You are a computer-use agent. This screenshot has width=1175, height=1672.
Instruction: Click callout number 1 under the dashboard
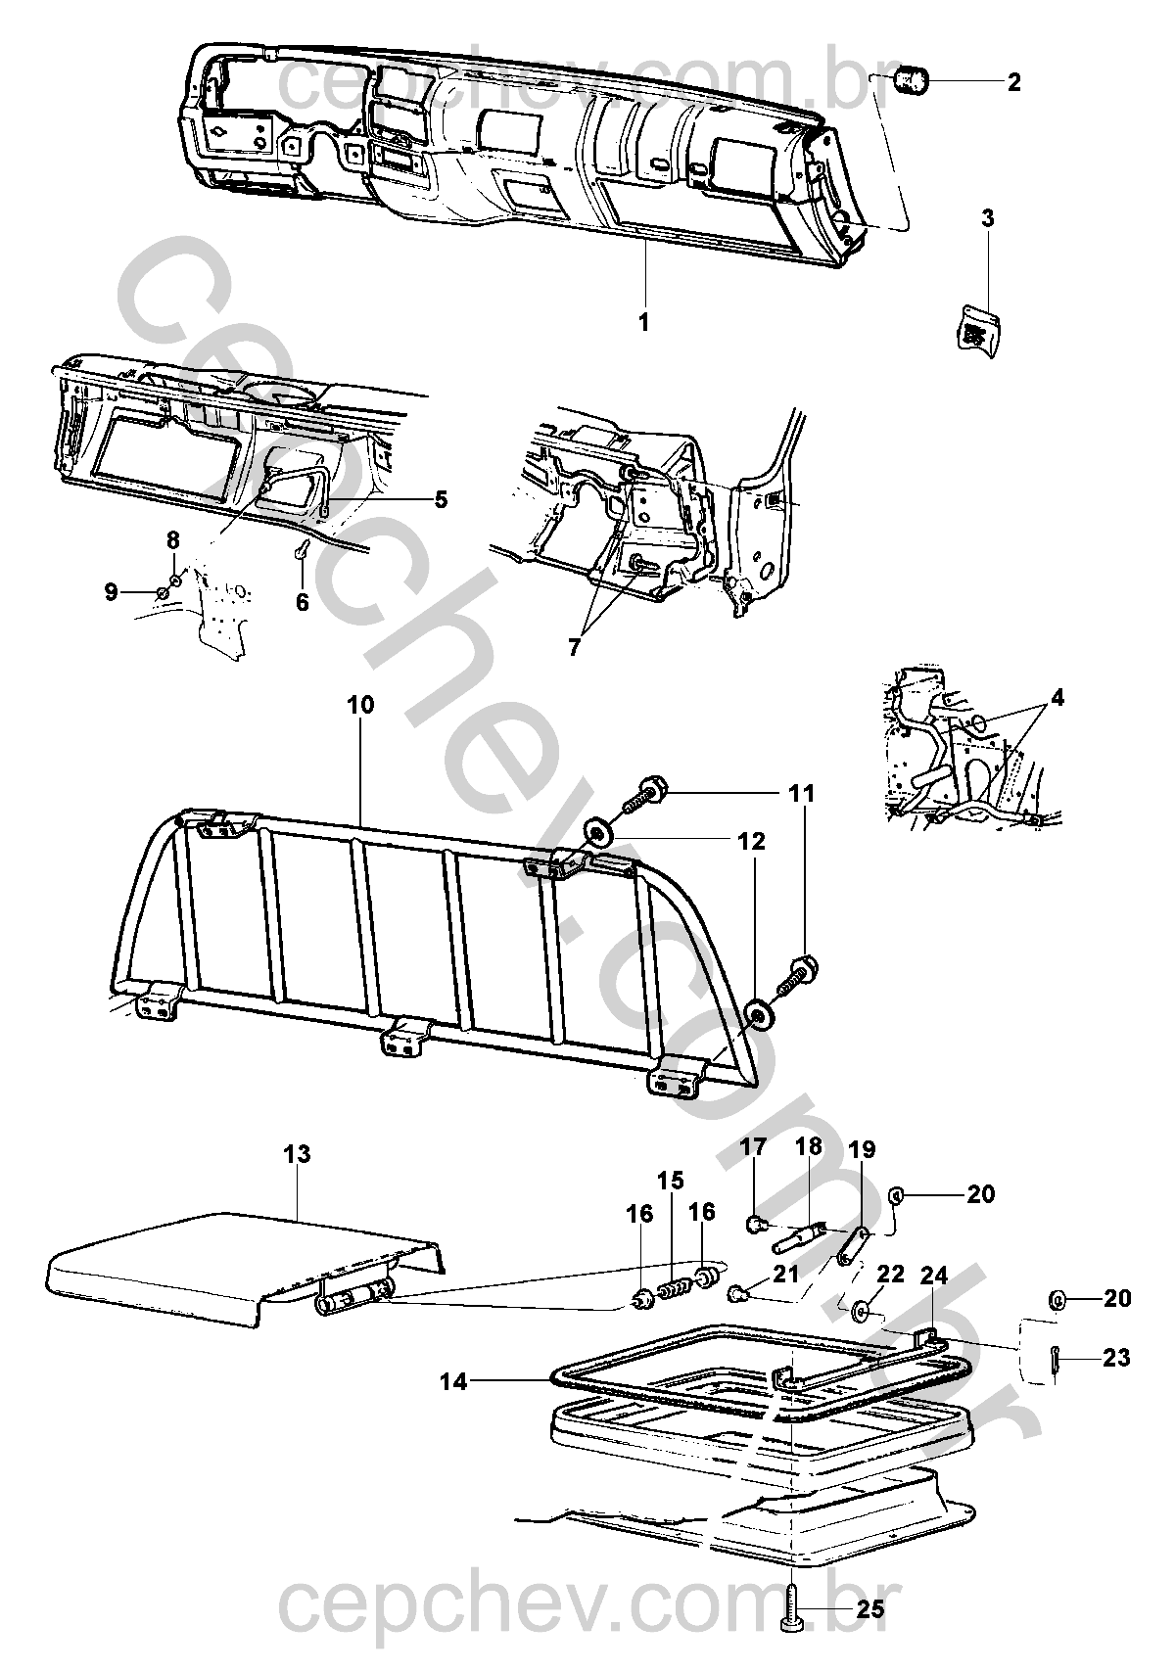tap(643, 322)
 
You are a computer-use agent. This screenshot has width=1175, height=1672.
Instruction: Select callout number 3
tap(987, 218)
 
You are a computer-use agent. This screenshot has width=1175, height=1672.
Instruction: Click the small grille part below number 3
tap(978, 329)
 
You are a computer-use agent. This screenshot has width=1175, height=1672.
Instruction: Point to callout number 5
tap(441, 499)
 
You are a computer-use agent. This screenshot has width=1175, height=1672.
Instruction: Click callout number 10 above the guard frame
tap(360, 705)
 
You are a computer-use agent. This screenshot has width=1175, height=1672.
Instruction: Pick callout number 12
tap(752, 841)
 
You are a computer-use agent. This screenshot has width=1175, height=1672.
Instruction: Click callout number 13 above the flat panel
tap(297, 1154)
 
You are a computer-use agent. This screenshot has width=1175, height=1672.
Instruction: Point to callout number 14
tap(453, 1382)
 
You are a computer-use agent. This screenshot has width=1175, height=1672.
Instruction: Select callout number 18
tap(810, 1146)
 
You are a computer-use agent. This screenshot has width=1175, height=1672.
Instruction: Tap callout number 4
tap(1057, 698)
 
